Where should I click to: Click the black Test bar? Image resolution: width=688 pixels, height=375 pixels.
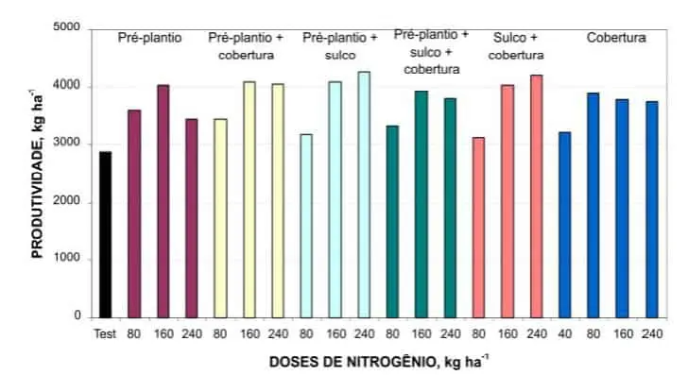point(105,234)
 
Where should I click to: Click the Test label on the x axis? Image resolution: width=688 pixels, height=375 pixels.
point(104,333)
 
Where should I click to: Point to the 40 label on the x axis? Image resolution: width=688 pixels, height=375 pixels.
point(565,333)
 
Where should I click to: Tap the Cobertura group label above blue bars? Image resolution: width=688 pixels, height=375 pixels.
point(615,39)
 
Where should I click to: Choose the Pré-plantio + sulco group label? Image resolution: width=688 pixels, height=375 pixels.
point(339,45)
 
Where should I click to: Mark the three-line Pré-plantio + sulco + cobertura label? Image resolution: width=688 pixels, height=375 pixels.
point(427,52)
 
